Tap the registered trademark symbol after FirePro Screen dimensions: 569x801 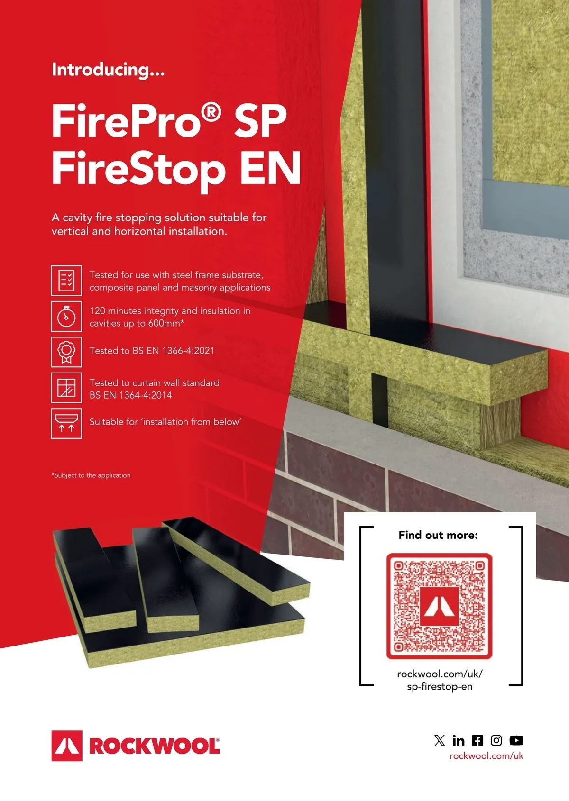click(211, 113)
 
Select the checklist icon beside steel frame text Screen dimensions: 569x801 click(66, 281)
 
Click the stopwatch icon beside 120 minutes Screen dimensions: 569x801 click(66, 317)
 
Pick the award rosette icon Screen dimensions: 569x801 click(66, 352)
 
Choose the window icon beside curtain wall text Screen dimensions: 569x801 click(66, 388)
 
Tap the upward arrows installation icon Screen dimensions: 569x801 click(66, 423)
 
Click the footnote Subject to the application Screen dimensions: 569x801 click(91, 475)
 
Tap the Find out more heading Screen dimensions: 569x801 click(438, 535)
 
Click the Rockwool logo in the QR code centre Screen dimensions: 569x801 click(439, 606)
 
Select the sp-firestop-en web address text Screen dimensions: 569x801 click(440, 687)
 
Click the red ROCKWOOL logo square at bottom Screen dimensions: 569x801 click(67, 746)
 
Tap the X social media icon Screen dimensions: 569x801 click(440, 740)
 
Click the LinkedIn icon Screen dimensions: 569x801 click(458, 740)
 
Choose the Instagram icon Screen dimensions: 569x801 click(496, 740)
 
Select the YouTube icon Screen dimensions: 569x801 click(516, 740)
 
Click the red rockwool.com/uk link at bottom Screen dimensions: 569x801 click(486, 756)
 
